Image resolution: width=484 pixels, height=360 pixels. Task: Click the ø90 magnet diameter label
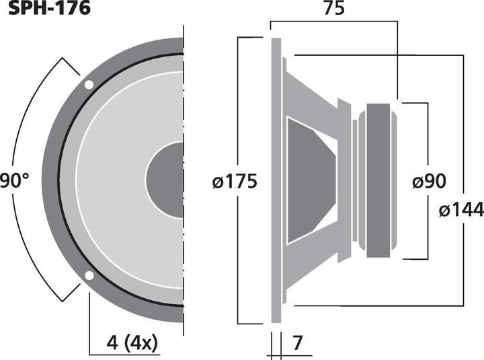coord(429,182)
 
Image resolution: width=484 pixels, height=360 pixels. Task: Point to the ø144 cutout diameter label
coord(460,210)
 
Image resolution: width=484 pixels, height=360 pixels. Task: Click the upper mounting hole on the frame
coord(89,85)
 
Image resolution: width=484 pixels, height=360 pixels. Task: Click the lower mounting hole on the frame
coord(89,275)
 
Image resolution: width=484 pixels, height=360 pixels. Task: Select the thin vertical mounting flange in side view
coord(276,180)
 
